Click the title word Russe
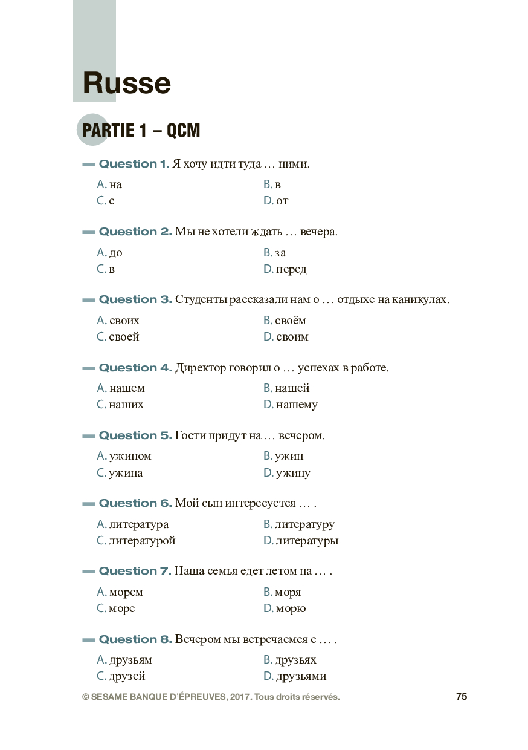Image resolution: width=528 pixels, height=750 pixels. pyautogui.click(x=126, y=83)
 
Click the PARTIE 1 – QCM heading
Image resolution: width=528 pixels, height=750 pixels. pyautogui.click(x=141, y=130)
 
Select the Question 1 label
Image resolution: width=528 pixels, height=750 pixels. pyautogui.click(x=134, y=164)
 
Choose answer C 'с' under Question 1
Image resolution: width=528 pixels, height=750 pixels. pyautogui.click(x=106, y=201)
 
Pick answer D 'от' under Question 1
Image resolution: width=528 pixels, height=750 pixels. pyautogui.click(x=276, y=201)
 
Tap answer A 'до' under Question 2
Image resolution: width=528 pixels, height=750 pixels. pyautogui.click(x=110, y=253)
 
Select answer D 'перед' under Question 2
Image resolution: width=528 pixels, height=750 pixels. pyautogui.click(x=285, y=269)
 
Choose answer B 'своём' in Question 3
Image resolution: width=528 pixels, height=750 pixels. pyautogui.click(x=285, y=321)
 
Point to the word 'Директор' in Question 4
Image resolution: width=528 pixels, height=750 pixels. pyautogui.click(x=201, y=368)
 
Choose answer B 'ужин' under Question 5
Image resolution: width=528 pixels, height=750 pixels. pyautogui.click(x=283, y=456)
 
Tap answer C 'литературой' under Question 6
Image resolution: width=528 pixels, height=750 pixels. pyautogui.click(x=137, y=541)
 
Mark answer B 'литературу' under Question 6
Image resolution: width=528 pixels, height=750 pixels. pyautogui.click(x=299, y=524)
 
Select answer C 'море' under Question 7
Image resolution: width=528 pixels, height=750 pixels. pyautogui.click(x=116, y=608)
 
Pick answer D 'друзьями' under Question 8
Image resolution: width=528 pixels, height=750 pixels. pyautogui.click(x=295, y=676)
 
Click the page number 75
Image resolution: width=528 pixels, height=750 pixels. pyautogui.click(x=462, y=697)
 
